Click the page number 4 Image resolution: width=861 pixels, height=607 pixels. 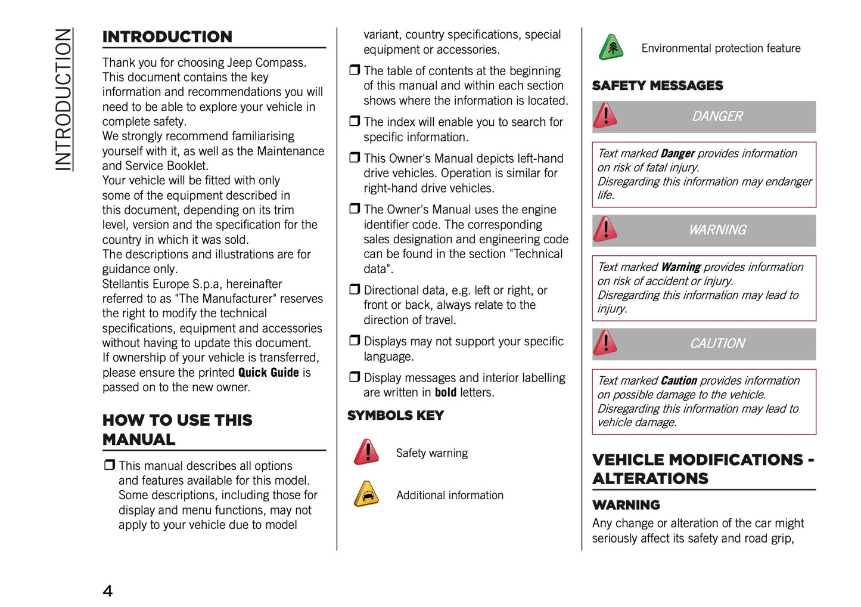(107, 591)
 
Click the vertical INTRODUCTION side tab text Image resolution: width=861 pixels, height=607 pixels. (63, 100)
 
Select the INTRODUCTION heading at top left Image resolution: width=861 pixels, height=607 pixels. (167, 37)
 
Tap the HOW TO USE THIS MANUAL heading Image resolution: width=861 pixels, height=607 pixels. (177, 429)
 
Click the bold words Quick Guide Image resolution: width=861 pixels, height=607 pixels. (268, 373)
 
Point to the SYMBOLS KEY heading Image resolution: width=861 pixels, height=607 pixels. (395, 416)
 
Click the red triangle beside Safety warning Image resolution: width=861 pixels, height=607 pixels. (366, 452)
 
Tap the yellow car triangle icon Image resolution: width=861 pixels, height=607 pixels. (366, 494)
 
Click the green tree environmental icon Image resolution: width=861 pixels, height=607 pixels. (611, 47)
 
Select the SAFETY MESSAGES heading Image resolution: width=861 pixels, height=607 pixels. (657, 86)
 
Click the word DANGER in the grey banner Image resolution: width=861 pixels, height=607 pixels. (717, 117)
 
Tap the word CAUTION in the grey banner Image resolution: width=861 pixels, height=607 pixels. (717, 344)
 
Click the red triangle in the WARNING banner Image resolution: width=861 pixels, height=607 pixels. (605, 229)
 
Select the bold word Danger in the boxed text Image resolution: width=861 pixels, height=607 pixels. (677, 154)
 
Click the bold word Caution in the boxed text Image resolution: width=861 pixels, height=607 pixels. (679, 381)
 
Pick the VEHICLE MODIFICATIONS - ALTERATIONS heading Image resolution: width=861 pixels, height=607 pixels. (703, 469)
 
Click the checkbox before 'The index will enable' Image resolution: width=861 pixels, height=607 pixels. (355, 121)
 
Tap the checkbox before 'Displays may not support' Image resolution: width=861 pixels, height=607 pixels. (355, 340)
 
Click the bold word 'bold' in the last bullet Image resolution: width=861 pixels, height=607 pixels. (445, 393)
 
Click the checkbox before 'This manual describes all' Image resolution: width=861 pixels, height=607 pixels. (109, 464)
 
